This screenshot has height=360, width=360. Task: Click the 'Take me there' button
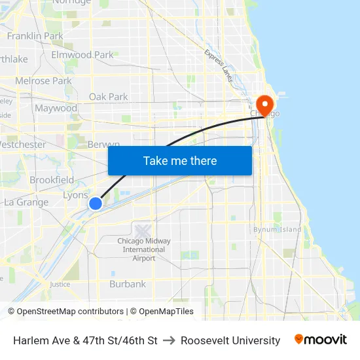(180, 160)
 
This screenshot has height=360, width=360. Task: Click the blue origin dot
(96, 204)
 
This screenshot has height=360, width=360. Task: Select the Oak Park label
(108, 97)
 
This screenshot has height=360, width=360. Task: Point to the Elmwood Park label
(82, 55)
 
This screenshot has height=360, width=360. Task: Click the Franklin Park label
(35, 35)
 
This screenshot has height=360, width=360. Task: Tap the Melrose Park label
(43, 81)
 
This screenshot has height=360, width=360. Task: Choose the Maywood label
(56, 108)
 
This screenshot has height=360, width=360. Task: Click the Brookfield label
(52, 179)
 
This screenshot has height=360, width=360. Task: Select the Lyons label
(75, 195)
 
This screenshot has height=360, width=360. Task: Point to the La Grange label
(26, 202)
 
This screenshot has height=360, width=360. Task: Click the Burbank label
(128, 284)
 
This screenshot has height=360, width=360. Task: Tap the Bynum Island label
(278, 229)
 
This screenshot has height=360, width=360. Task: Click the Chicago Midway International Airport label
(144, 249)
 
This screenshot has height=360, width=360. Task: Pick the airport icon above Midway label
(143, 230)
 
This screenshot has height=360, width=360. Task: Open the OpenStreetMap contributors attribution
(70, 312)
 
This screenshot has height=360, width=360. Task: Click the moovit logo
(320, 340)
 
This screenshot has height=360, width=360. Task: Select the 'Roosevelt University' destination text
(230, 340)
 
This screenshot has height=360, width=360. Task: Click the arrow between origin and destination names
(169, 340)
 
